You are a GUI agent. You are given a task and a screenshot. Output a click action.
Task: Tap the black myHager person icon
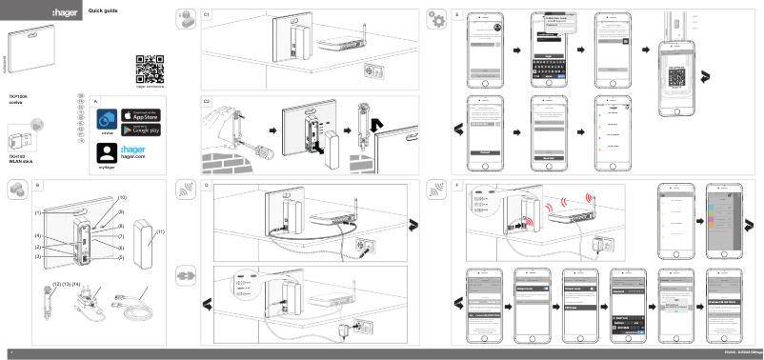[107, 151]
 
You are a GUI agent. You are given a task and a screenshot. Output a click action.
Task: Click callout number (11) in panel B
[161, 231]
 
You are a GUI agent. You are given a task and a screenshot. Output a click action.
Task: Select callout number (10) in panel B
[122, 197]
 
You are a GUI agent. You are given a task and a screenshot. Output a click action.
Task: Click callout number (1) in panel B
[38, 213]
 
